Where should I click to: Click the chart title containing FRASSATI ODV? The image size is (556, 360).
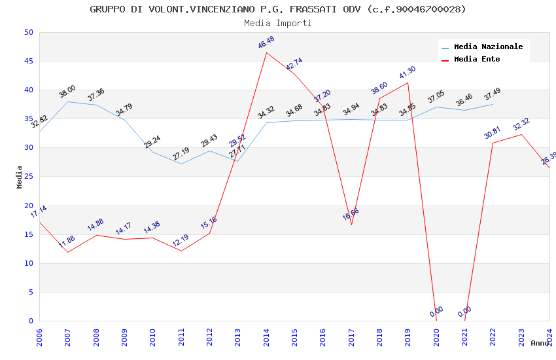(278, 9)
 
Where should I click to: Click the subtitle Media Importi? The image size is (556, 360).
(278, 23)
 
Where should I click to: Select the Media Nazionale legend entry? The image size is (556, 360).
(488, 46)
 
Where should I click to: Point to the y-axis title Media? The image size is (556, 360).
(20, 177)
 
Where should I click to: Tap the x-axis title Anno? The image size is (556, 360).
(540, 343)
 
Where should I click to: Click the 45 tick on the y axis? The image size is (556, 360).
(28, 62)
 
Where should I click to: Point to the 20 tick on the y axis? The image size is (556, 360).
(28, 206)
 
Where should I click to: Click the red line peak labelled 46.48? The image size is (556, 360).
(266, 53)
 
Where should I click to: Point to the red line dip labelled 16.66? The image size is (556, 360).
(351, 225)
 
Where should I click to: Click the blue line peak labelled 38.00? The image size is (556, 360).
(67, 101)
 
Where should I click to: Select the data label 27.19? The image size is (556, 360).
(181, 154)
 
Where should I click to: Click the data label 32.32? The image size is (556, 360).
(521, 124)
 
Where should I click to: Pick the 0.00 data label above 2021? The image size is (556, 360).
(464, 312)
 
